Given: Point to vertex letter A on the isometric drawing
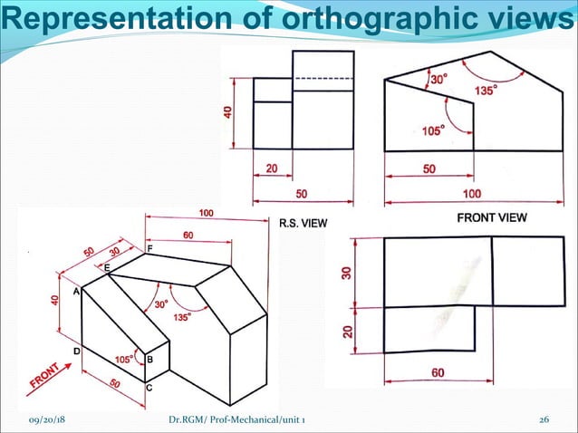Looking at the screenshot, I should (x=76, y=292).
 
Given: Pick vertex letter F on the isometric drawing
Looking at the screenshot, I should (x=149, y=247).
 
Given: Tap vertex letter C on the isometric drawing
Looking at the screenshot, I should (x=149, y=387).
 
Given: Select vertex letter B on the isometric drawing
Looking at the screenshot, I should (x=149, y=360).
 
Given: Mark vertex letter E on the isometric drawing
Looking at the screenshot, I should (x=107, y=268).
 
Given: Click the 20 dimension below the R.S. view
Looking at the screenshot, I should (x=272, y=168).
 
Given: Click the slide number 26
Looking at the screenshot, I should (x=544, y=421).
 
